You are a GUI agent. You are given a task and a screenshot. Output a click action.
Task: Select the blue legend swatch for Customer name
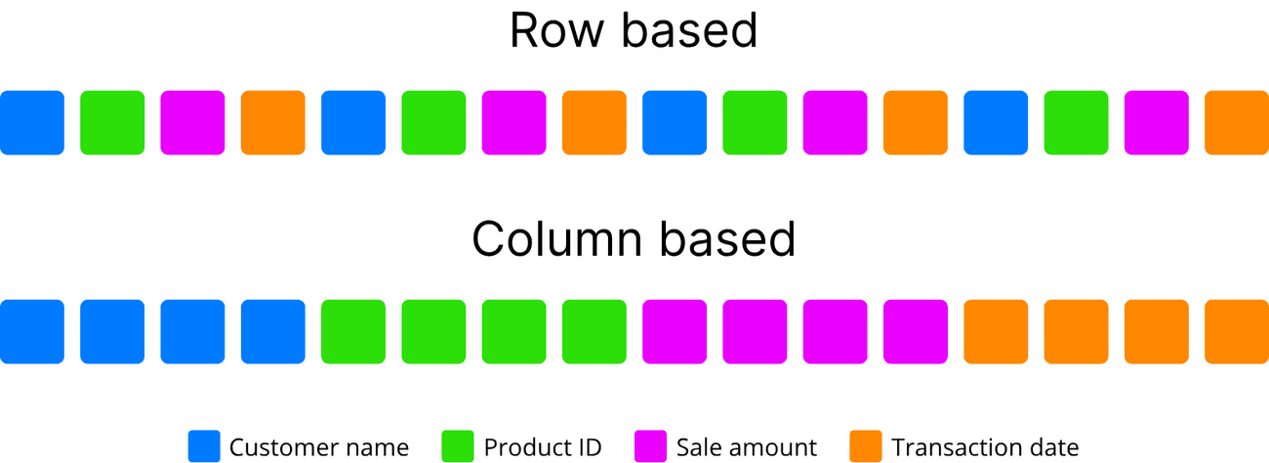[204, 446]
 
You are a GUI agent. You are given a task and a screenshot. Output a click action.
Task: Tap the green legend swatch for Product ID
[458, 446]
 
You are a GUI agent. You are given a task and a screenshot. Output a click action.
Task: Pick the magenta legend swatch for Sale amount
[650, 446]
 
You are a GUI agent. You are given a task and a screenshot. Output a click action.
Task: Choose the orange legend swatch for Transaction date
[866, 446]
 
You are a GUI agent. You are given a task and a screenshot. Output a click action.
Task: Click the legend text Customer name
[319, 448]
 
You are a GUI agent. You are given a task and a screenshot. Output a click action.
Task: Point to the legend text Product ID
[543, 448]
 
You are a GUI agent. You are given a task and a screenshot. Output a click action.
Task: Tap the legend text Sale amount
[747, 448]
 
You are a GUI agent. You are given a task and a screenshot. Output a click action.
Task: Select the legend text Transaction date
[985, 448]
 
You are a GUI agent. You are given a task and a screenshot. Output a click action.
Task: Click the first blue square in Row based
[32, 122]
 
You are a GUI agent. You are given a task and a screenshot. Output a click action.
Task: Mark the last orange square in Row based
[1237, 122]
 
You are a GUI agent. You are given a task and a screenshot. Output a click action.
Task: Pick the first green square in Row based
[112, 122]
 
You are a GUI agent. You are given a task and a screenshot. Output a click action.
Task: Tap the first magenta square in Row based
[192, 122]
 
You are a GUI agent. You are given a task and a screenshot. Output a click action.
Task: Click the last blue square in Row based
[996, 122]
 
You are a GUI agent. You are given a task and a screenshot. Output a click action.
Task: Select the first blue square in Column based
[32, 331]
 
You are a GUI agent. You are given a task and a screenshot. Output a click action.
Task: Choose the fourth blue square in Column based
[272, 331]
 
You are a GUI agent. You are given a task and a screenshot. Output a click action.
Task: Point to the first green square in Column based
[353, 331]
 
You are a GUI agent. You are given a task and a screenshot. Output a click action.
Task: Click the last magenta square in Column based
[916, 331]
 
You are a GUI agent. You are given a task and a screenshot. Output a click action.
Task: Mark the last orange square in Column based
[1237, 331]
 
